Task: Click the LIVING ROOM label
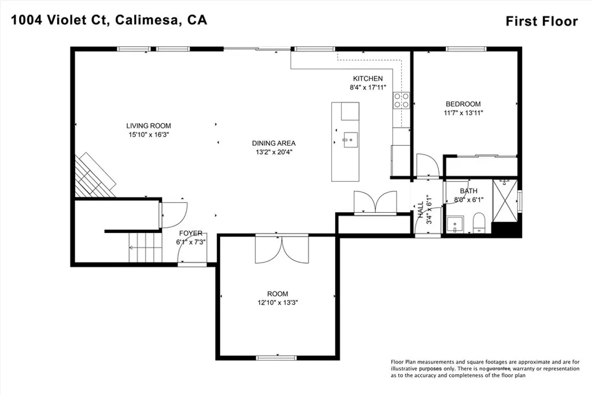[149, 125]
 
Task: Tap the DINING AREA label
[273, 143]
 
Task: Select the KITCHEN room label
[368, 79]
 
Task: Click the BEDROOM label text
[463, 104]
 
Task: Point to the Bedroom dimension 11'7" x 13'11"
[463, 113]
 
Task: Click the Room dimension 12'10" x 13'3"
[277, 302]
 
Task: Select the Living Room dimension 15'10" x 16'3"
[149, 135]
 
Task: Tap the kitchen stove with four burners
[401, 101]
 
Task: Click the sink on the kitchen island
[349, 139]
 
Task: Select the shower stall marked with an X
[505, 202]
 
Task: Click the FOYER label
[190, 234]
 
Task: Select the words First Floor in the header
[541, 21]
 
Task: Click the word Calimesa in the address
[149, 20]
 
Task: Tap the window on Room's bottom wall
[276, 357]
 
